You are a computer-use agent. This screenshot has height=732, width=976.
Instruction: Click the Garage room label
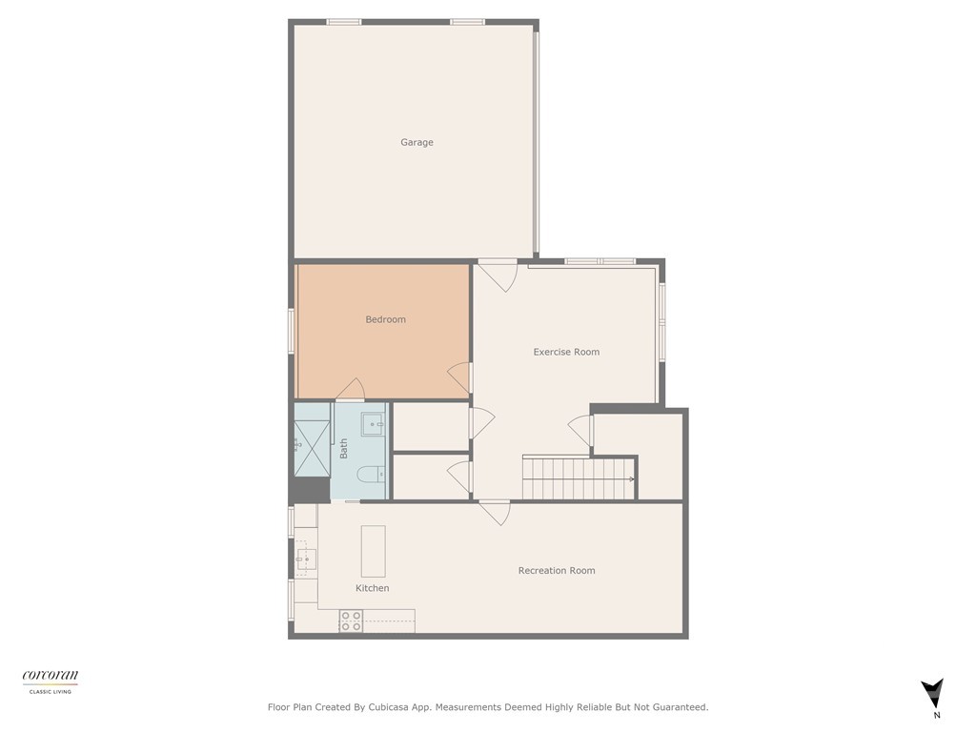417,142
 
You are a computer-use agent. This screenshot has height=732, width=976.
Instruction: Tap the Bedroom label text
385,319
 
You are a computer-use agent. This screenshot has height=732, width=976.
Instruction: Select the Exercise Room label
566,352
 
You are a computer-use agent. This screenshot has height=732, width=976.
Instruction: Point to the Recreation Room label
556,570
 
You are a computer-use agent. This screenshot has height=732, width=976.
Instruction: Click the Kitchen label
372,588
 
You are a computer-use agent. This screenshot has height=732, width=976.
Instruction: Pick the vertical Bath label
343,448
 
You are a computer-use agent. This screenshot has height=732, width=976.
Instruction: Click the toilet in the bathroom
370,473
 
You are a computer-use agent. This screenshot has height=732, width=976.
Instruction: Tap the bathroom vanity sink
372,423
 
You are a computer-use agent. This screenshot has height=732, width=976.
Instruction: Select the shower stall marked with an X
311,444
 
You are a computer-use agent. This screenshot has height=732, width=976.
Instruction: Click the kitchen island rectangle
373,551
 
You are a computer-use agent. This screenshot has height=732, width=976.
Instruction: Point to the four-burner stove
351,621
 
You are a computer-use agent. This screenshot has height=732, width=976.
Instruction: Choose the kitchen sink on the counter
305,559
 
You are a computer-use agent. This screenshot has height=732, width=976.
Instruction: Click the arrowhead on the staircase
631,478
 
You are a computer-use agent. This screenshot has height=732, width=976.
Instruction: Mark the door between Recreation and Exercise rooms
495,512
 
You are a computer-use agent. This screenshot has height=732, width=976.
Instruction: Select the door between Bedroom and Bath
350,390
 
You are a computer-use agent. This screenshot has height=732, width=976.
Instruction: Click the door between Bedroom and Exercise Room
459,377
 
